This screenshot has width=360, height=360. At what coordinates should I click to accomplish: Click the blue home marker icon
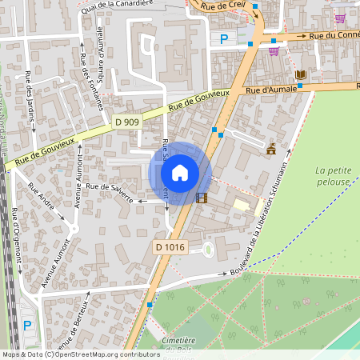pos(180,173)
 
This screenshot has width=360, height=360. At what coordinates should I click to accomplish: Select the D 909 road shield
pos(126,122)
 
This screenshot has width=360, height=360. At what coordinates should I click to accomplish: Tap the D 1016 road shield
pos(170,248)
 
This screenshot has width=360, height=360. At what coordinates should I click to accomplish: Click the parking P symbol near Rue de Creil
pos(223,38)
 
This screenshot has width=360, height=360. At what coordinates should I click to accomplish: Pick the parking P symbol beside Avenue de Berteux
pos(28,325)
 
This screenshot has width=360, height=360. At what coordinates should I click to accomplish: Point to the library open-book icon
pos(301,75)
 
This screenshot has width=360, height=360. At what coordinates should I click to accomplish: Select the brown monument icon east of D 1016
pos(271,149)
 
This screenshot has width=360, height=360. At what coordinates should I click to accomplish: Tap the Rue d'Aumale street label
pos(271,90)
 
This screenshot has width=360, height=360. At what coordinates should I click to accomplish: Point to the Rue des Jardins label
pos(30,96)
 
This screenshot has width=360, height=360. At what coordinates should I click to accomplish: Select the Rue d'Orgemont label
pos(15,233)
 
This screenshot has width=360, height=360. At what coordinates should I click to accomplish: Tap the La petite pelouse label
pos(332,176)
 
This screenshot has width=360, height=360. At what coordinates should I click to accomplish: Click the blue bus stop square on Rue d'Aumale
pos(298,85)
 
